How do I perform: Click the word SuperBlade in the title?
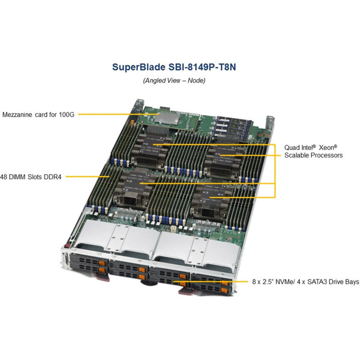point(139,67)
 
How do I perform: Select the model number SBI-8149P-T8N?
point(202,67)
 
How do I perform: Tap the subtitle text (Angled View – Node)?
point(174,81)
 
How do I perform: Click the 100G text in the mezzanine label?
point(67,115)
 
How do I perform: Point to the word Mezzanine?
point(17,115)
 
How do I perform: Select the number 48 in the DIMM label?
point(3,177)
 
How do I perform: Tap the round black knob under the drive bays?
point(149,283)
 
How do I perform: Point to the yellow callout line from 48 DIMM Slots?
point(88,177)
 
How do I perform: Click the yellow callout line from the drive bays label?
point(211,281)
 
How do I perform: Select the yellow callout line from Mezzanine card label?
point(118,114)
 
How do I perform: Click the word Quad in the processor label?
point(290,148)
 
